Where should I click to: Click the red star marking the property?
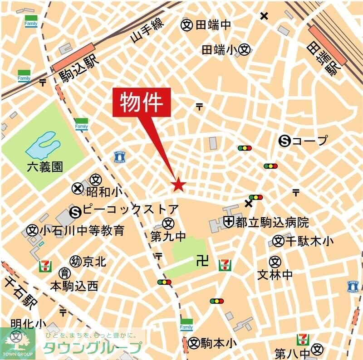[178, 185]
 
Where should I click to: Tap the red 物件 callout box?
[141, 103]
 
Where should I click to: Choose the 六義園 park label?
[44, 167]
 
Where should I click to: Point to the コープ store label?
[309, 141]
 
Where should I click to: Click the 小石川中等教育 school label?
[82, 230]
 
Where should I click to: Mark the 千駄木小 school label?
[312, 241]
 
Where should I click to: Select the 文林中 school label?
[275, 274]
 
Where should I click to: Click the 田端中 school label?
[213, 25]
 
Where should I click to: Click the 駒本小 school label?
[219, 343]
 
